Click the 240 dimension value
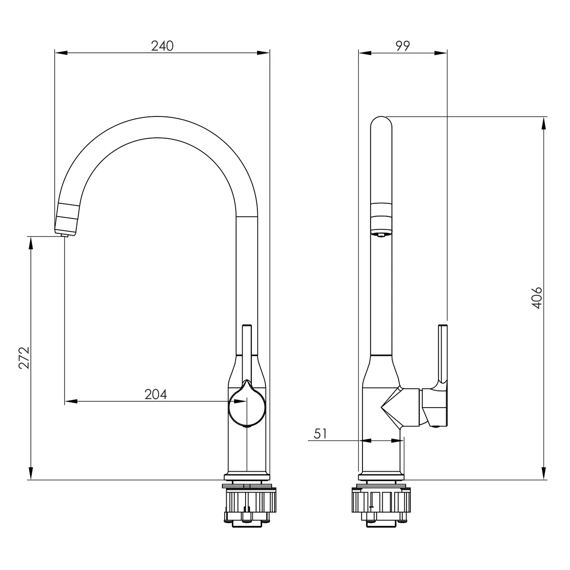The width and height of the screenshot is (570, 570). tap(162, 46)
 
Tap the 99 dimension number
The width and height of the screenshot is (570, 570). tap(403, 46)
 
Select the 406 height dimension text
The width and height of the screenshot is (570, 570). tap(537, 298)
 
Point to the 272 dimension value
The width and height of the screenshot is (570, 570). tap(24, 358)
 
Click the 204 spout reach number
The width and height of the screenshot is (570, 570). tap(156, 394)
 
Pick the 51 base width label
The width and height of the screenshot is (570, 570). tap(320, 434)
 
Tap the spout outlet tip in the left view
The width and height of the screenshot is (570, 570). tap(64, 235)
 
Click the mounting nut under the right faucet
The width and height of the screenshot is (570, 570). tap(381, 500)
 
